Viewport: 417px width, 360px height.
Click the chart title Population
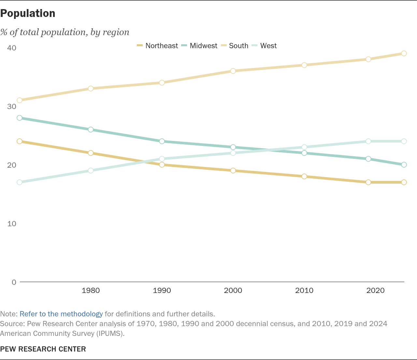click(x=28, y=14)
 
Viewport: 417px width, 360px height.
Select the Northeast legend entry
click(x=157, y=46)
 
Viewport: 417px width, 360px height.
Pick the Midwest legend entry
click(x=199, y=46)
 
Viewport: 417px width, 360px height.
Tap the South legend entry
click(x=235, y=46)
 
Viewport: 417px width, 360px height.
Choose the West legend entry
click(x=264, y=46)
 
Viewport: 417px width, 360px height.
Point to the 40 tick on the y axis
click(x=11, y=48)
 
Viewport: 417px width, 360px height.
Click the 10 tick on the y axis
click(x=11, y=224)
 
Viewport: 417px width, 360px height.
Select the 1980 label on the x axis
click(x=91, y=290)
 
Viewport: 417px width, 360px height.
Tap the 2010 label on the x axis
click(x=304, y=290)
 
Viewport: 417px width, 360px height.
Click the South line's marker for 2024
click(x=404, y=53)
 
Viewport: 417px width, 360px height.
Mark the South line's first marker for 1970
click(x=20, y=100)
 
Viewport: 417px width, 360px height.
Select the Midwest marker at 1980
click(x=91, y=130)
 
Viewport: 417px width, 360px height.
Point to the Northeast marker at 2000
click(x=233, y=171)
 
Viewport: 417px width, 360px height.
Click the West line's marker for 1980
click(x=91, y=171)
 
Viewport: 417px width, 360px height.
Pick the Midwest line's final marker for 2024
click(x=404, y=165)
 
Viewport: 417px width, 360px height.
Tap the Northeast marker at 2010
click(x=304, y=176)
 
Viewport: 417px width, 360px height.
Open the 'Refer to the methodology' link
click(x=61, y=314)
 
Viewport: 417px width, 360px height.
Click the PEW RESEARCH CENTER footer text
click(x=43, y=349)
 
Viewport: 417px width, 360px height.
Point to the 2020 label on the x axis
click(x=375, y=290)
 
